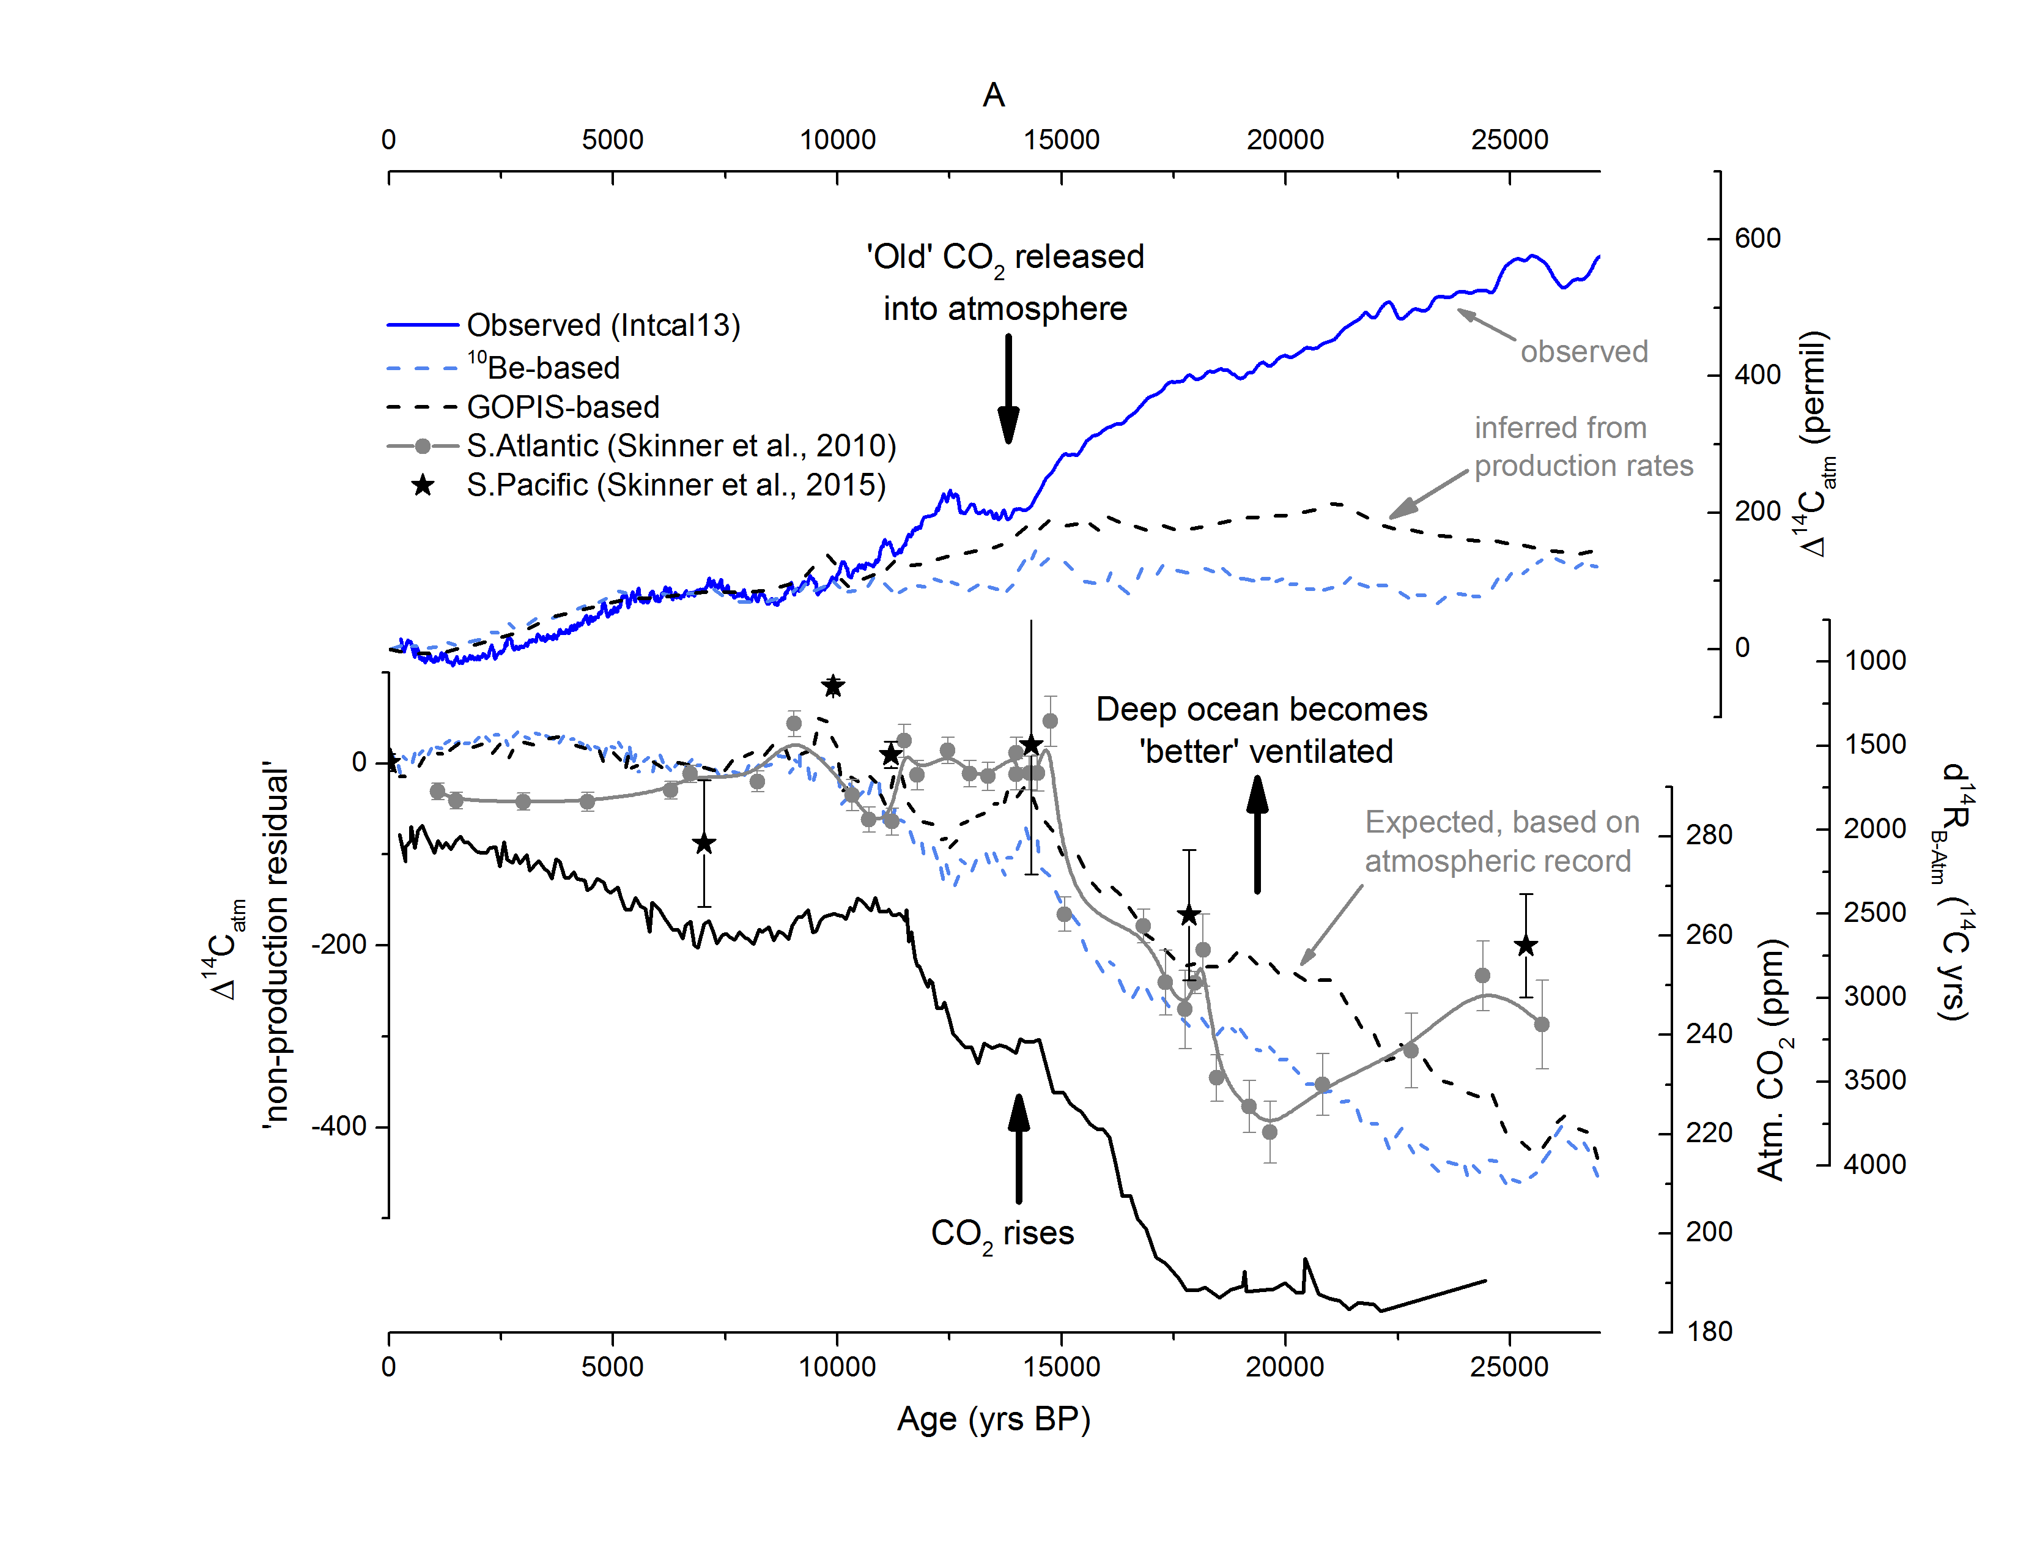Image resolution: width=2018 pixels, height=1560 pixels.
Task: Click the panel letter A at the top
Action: (993, 95)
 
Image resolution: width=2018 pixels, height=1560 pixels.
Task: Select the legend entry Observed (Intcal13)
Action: (602, 325)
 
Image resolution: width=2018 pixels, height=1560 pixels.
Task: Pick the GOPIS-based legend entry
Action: (563, 407)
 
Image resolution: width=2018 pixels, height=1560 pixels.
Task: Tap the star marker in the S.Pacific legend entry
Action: (423, 485)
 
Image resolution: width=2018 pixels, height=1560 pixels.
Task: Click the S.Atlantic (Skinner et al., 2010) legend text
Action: (681, 445)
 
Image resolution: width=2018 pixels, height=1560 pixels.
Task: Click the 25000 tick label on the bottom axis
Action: (1509, 1367)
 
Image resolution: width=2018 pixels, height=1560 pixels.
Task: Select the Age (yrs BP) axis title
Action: (993, 1419)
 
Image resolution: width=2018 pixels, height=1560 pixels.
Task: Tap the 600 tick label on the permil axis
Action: (1756, 239)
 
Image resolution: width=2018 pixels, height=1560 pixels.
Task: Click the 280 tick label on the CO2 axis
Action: (1709, 836)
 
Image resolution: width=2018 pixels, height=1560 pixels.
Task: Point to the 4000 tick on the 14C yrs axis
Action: (1874, 1164)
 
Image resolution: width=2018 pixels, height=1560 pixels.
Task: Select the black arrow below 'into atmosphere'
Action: (1008, 388)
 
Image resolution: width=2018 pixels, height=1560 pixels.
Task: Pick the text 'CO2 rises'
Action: (1002, 1234)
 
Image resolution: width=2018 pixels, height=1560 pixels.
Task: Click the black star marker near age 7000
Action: (704, 843)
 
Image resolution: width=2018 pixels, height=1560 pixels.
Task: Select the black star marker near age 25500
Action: (1526, 945)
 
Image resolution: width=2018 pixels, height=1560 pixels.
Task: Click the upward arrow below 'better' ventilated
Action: (1257, 834)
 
